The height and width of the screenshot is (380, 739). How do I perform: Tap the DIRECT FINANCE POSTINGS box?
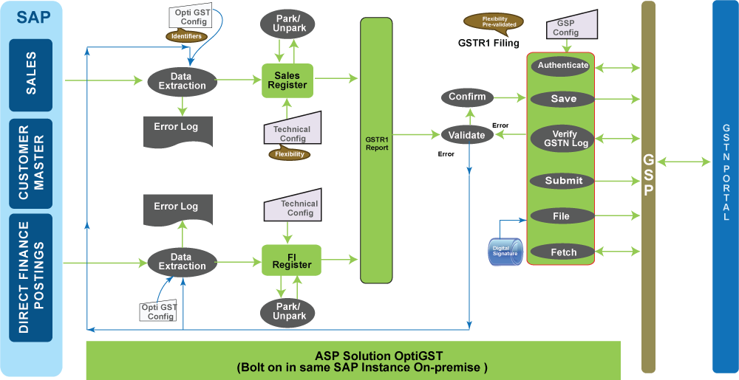(x=31, y=277)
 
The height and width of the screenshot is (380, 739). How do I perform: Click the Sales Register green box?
(x=287, y=80)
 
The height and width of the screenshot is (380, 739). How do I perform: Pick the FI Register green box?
(x=291, y=260)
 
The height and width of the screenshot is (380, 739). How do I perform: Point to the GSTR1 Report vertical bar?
(x=376, y=150)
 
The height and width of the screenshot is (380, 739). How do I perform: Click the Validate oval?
(x=467, y=135)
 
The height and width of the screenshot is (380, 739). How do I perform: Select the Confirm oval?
(x=467, y=97)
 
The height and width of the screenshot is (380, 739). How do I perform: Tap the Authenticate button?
(x=563, y=65)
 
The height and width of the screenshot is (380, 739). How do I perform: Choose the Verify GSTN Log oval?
(x=563, y=138)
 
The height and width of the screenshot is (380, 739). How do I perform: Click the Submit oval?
(x=563, y=181)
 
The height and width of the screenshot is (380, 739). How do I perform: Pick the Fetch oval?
(x=563, y=252)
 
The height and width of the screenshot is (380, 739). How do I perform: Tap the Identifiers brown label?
(x=185, y=35)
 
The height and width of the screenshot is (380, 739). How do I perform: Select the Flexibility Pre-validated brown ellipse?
(x=493, y=21)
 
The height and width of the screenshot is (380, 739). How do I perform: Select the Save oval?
(x=563, y=99)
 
